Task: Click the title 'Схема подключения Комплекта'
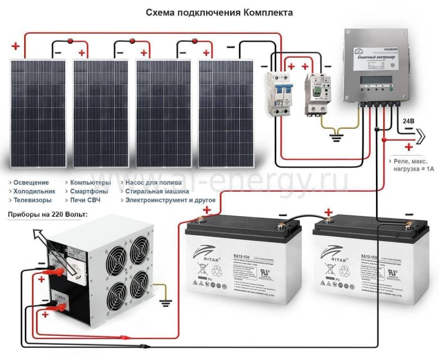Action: [219, 11]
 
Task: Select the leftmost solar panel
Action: [40, 114]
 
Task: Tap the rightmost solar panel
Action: [228, 114]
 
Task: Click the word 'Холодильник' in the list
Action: [32, 191]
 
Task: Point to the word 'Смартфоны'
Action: [89, 191]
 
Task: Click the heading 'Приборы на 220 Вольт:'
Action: [43, 214]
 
